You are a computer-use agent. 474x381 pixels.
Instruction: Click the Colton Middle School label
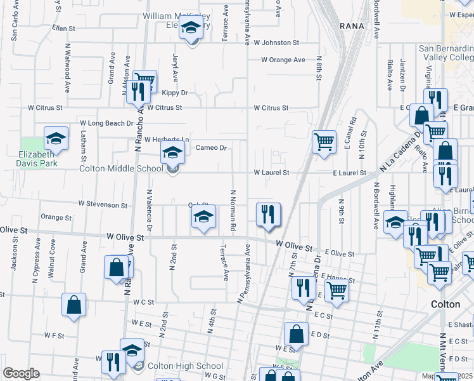pos(121,168)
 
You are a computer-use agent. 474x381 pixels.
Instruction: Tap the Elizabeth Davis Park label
pos(38,158)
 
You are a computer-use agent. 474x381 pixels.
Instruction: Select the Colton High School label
pos(185,366)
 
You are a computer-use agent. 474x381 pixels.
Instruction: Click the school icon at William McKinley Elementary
pos(190,28)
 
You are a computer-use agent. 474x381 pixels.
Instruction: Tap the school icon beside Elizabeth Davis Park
pos(56,138)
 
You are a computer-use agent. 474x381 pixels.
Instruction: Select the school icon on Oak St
pos(203,216)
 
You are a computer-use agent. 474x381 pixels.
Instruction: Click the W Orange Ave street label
pos(283,60)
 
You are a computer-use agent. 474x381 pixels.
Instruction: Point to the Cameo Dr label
pos(211,148)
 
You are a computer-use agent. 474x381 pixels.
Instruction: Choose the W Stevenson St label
pos(103,205)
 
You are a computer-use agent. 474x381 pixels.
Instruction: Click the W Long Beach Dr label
pos(106,123)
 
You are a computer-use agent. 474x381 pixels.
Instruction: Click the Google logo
pos(21,373)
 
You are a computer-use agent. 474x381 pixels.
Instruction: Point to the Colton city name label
pos(445,304)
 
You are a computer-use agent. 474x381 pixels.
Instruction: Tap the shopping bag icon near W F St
pos(74,304)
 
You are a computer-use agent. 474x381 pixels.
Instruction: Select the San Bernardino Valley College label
pos(445,53)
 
